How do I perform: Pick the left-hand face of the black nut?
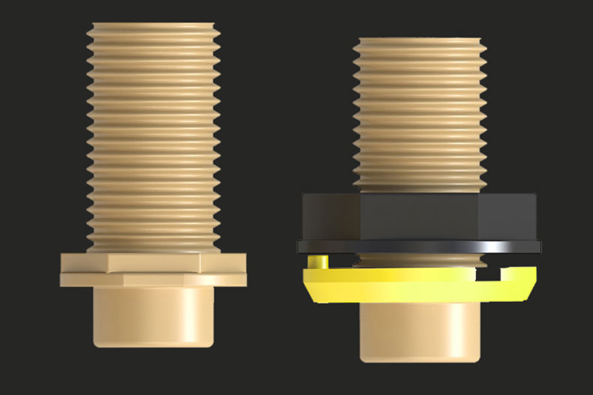click(x=330, y=217)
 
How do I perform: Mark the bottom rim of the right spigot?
click(x=419, y=358)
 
